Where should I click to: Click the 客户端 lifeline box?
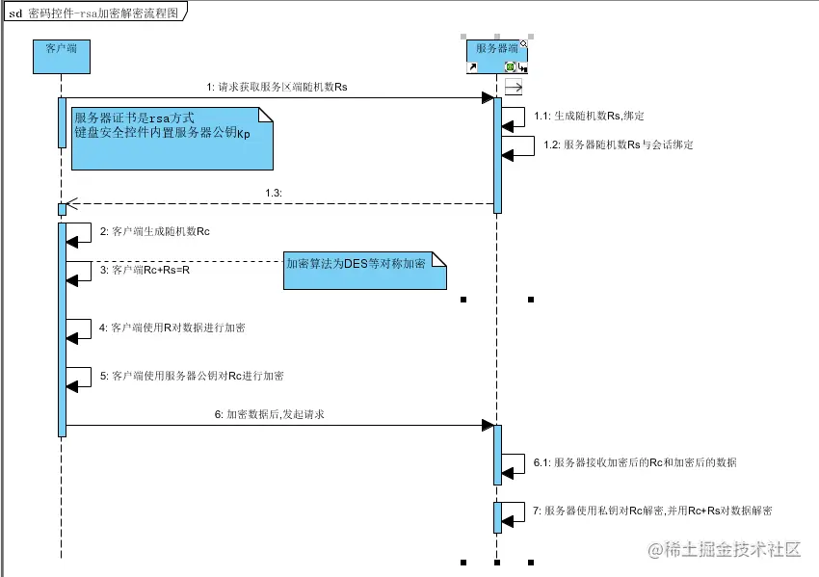click(x=62, y=56)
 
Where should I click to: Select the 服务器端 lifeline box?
click(x=497, y=54)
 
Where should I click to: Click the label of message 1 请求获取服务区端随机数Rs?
click(x=277, y=87)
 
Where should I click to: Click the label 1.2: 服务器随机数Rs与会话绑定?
click(x=618, y=145)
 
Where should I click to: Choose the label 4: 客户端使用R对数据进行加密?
click(x=172, y=328)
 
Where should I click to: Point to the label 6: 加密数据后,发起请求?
click(x=275, y=414)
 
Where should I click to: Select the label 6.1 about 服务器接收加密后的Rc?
click(x=635, y=462)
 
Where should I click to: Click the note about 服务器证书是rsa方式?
click(x=164, y=137)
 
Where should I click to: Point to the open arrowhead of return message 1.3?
click(x=70, y=203)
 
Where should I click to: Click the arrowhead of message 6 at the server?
click(x=488, y=425)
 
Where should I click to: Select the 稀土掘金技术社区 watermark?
click(x=725, y=550)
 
